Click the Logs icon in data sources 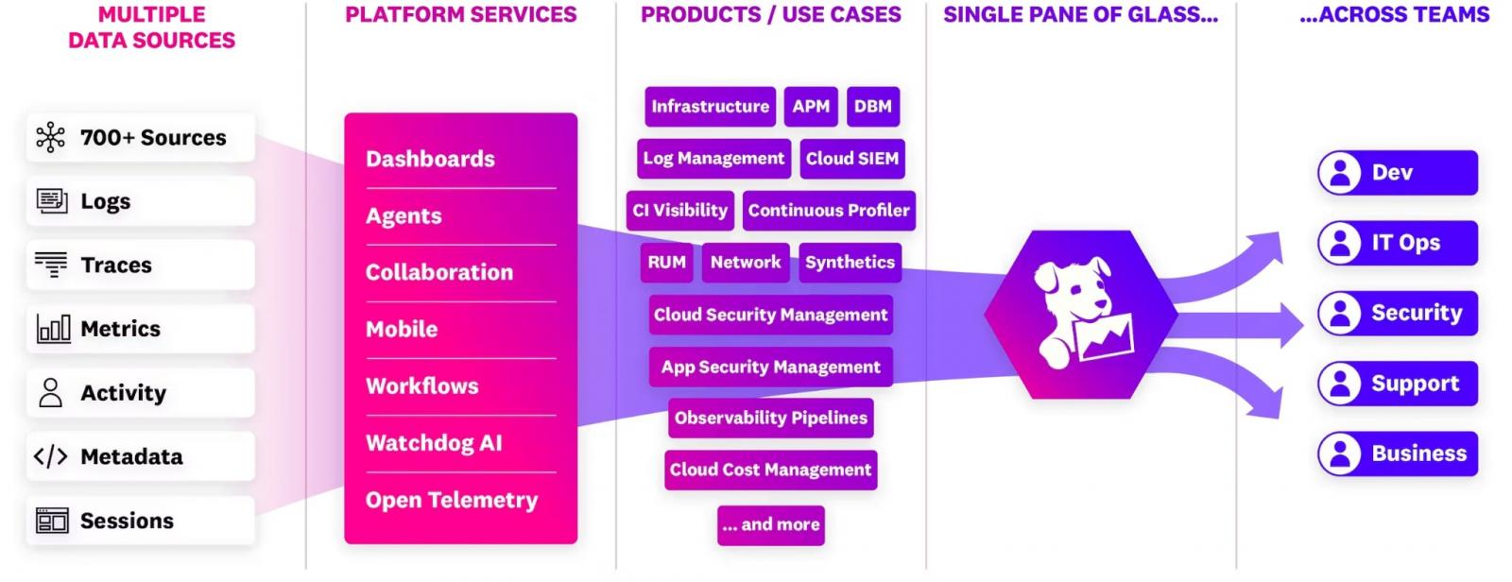[x=51, y=201]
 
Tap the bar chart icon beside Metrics [x=53, y=329]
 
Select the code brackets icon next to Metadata [x=51, y=456]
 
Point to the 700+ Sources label [x=153, y=138]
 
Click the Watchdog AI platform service [x=434, y=443]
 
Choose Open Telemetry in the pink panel [x=452, y=500]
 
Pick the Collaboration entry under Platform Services [x=438, y=272]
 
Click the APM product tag [x=811, y=107]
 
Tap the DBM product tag [x=873, y=107]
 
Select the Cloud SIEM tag [x=851, y=159]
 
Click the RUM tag [x=666, y=263]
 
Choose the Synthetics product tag [x=850, y=263]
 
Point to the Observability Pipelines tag [x=771, y=418]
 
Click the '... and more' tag [x=771, y=524]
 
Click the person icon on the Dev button [x=1340, y=173]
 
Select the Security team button [x=1398, y=314]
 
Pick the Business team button [x=1398, y=454]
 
